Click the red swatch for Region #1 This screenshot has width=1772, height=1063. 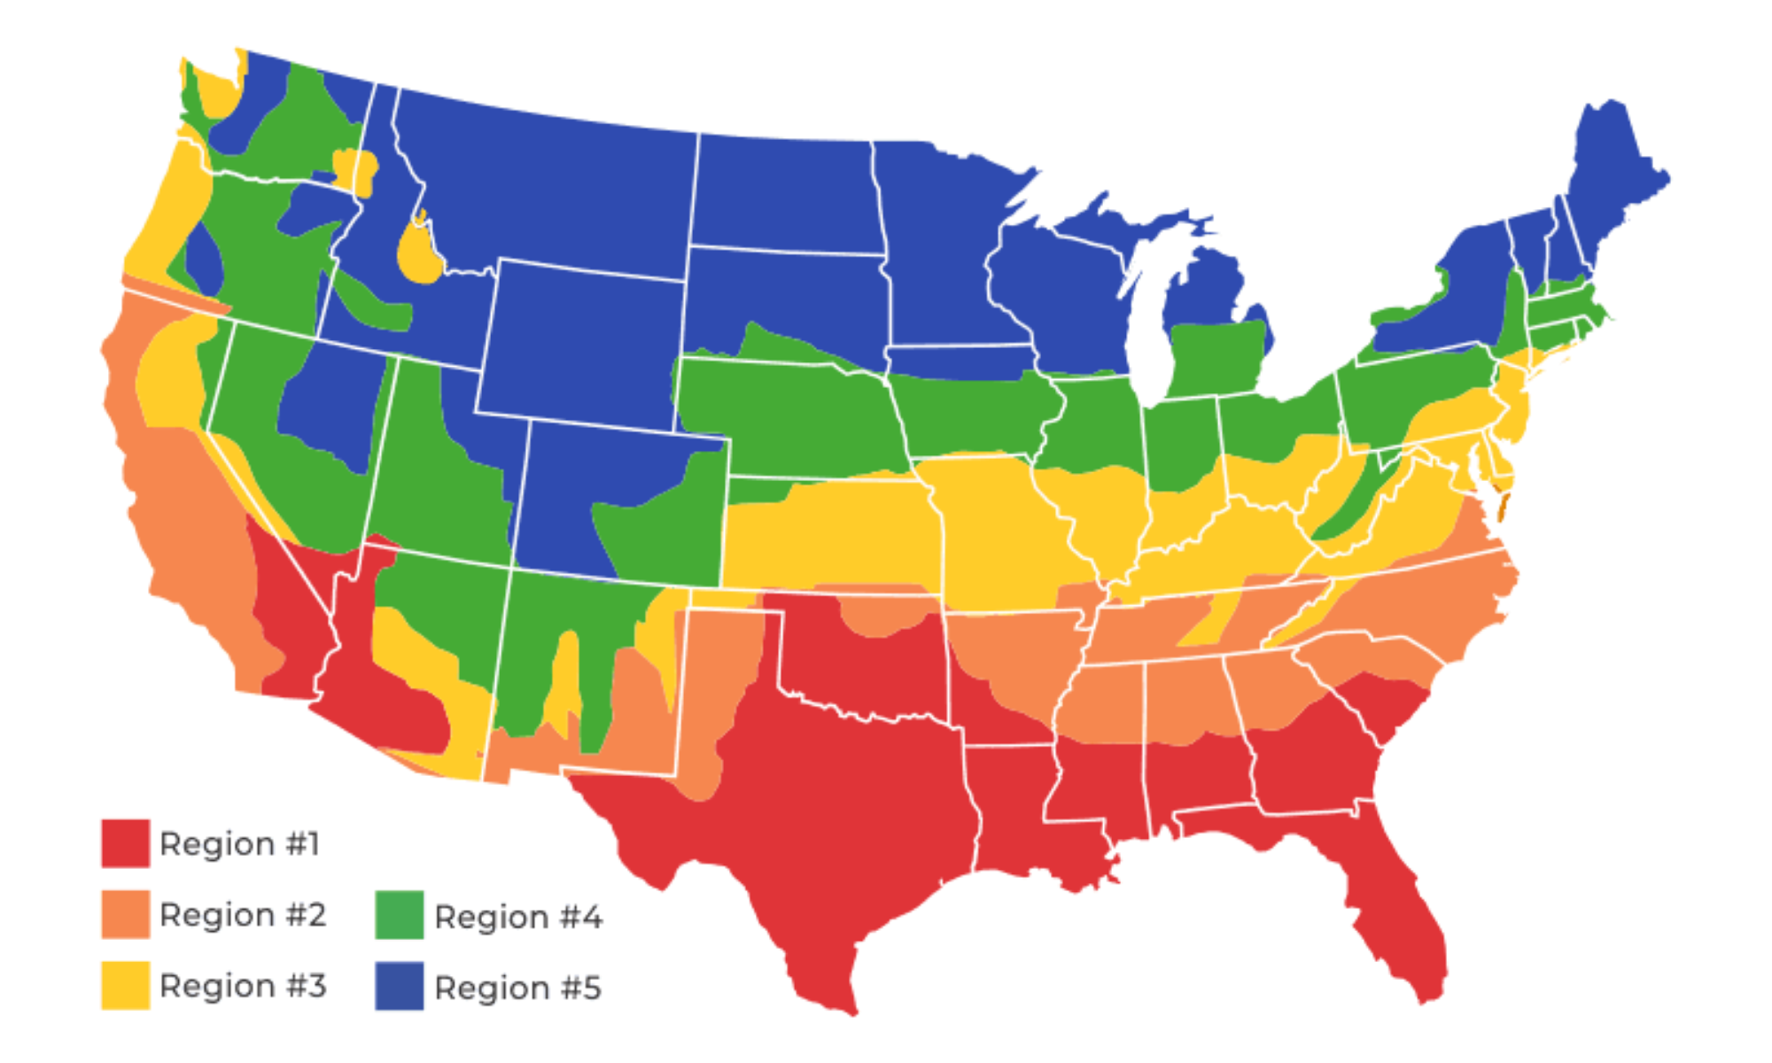tap(125, 842)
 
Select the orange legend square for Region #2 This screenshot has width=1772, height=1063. tap(125, 913)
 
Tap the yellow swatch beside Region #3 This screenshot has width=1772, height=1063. tap(125, 985)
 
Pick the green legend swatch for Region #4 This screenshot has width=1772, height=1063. tap(399, 915)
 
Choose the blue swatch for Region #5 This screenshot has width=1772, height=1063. tap(399, 986)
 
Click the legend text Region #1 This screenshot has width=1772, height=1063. tap(239, 843)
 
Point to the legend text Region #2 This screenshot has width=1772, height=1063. tap(243, 914)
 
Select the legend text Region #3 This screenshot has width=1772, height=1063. tap(243, 985)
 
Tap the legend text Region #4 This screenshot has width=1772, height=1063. tap(518, 917)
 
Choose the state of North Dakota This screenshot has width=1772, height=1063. tap(784, 190)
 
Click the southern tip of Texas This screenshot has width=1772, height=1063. tap(842, 1001)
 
